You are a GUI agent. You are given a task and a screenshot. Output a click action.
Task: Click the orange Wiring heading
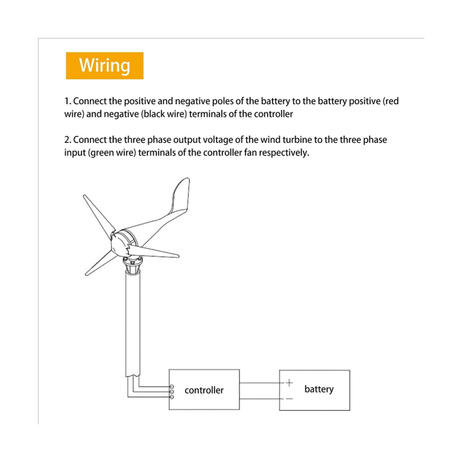pos(104,66)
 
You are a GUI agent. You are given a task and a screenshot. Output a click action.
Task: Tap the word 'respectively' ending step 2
pos(284,153)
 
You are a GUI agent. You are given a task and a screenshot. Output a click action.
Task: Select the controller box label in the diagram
pos(204,390)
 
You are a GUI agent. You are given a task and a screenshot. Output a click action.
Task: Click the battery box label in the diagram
pos(319,389)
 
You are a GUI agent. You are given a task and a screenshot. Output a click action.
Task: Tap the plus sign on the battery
pos(289,383)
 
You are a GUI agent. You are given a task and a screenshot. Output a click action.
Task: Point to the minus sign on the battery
pos(289,399)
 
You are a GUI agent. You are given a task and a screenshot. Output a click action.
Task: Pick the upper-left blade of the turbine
pos(97,213)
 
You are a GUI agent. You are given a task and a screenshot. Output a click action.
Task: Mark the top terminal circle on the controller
pos(172,386)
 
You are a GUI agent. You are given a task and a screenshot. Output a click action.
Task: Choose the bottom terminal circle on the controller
pos(172,397)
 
